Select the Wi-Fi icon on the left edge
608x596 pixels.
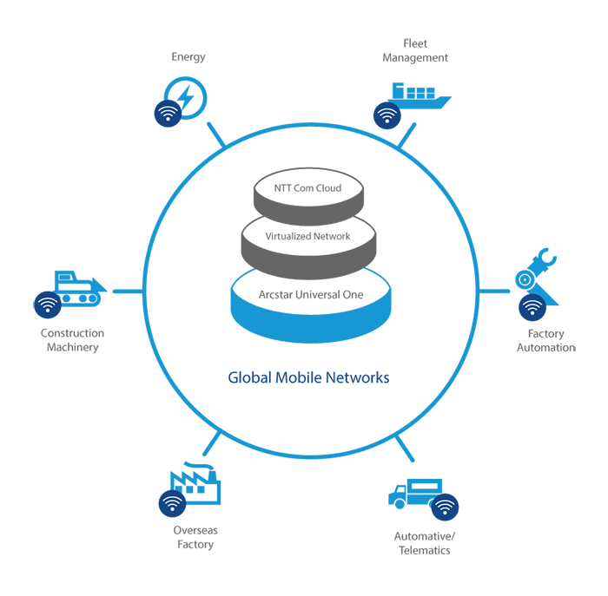tap(48, 304)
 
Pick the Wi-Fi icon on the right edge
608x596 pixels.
tap(532, 306)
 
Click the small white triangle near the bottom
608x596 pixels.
tap(400, 488)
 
